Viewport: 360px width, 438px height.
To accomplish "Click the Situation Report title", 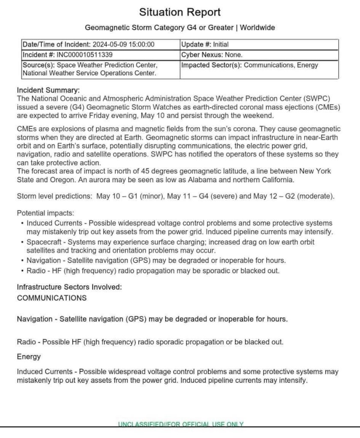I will click(x=180, y=12).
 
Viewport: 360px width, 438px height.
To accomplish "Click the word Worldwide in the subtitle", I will click(x=257, y=28).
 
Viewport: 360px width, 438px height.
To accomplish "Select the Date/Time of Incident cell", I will click(x=88, y=44).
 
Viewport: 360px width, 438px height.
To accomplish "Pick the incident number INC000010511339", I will click(x=84, y=55).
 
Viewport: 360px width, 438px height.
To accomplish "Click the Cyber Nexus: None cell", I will click(x=212, y=55).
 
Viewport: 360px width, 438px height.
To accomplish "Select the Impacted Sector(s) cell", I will click(x=250, y=65).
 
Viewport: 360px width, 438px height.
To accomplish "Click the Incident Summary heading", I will click(x=48, y=90).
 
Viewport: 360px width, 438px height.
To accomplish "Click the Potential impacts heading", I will click(x=45, y=213).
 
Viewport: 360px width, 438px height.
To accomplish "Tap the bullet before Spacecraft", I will click(x=22, y=242).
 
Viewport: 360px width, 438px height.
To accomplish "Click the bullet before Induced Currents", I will click(x=22, y=223).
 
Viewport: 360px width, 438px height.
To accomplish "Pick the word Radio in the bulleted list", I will click(x=36, y=271).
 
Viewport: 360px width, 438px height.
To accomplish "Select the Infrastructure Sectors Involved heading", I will click(x=69, y=287).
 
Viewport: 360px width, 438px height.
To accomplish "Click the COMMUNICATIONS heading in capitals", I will click(x=51, y=298).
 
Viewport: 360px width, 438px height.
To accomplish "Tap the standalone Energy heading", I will click(x=29, y=356).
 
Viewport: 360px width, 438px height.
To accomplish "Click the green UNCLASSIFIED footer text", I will click(x=181, y=424).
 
